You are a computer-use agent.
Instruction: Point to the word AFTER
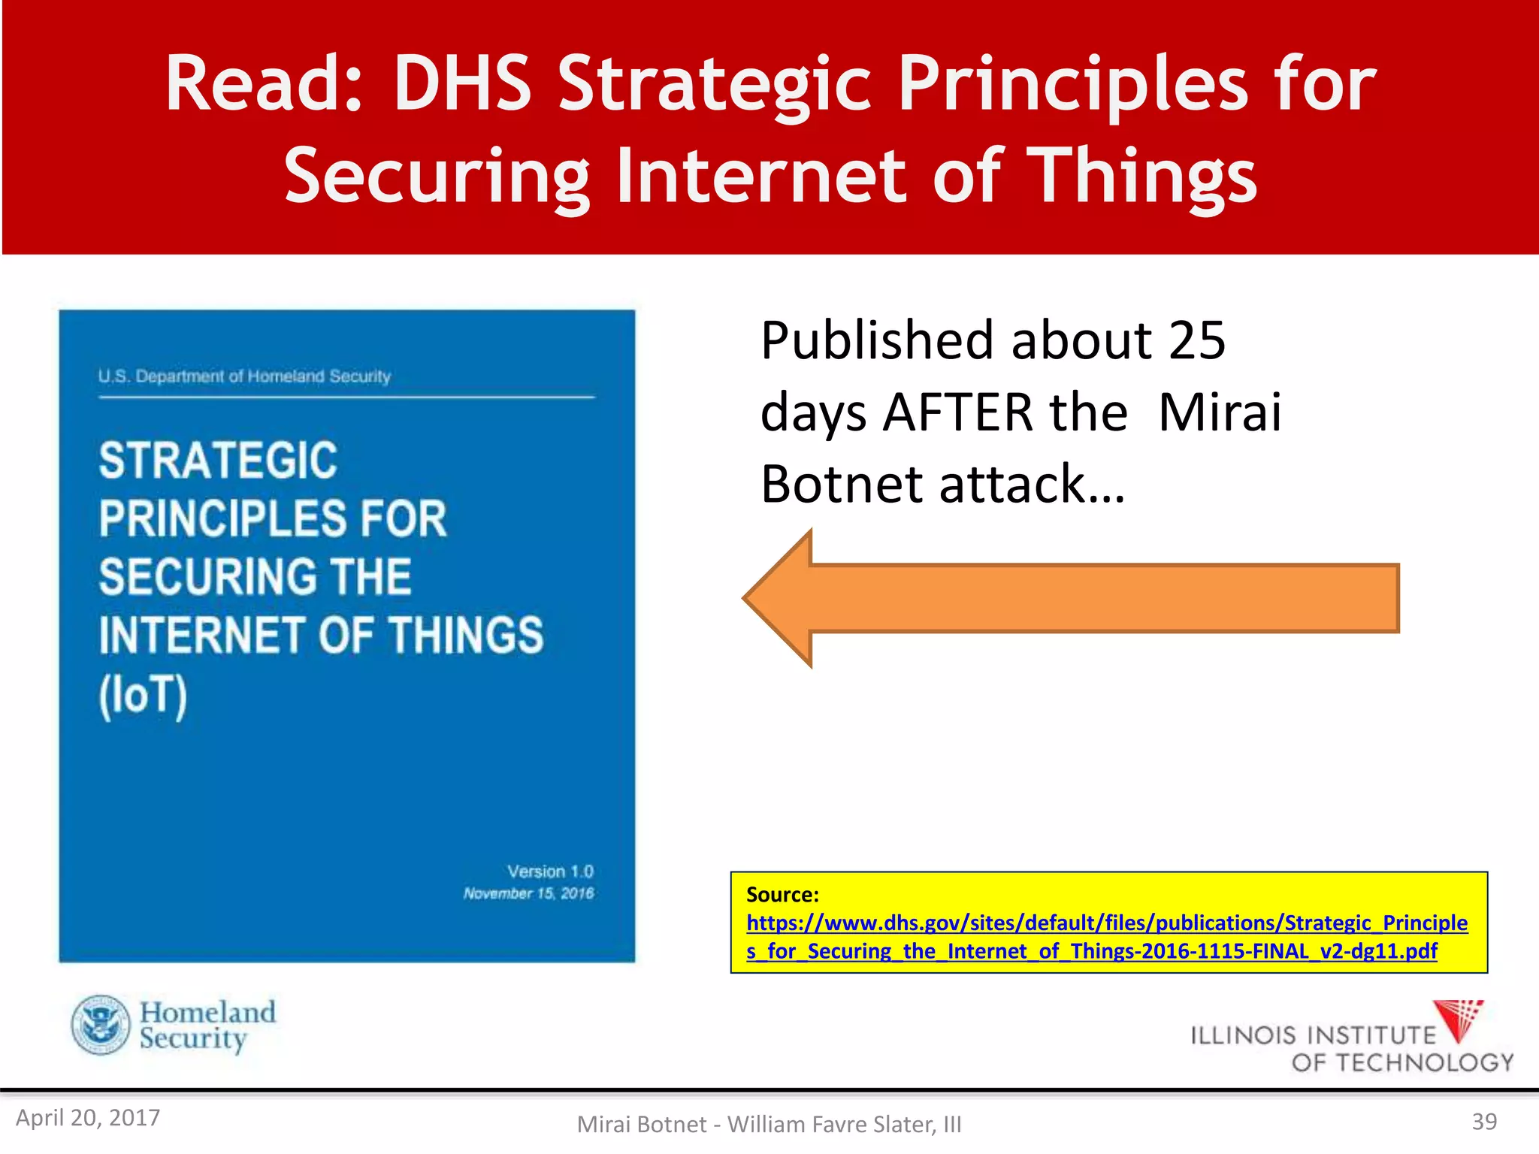pyautogui.click(x=1005, y=412)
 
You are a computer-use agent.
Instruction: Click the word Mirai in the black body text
pyautogui.click(x=1220, y=412)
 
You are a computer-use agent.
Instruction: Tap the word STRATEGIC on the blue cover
pyautogui.click(x=218, y=461)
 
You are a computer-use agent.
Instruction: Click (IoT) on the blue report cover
pyautogui.click(x=143, y=695)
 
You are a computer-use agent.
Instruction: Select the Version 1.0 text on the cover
pyautogui.click(x=550, y=872)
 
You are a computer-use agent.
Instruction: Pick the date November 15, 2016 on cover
pyautogui.click(x=528, y=893)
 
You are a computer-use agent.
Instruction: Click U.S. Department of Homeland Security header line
pyautogui.click(x=244, y=376)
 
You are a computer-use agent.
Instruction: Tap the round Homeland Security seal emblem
pyautogui.click(x=101, y=1025)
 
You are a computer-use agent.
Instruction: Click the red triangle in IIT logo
pyautogui.click(x=1457, y=1020)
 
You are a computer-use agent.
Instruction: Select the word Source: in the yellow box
pyautogui.click(x=782, y=895)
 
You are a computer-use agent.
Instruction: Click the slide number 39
pyautogui.click(x=1483, y=1122)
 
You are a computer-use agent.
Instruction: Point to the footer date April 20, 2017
pyautogui.click(x=88, y=1118)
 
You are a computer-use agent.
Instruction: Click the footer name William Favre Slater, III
pyautogui.click(x=844, y=1125)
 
